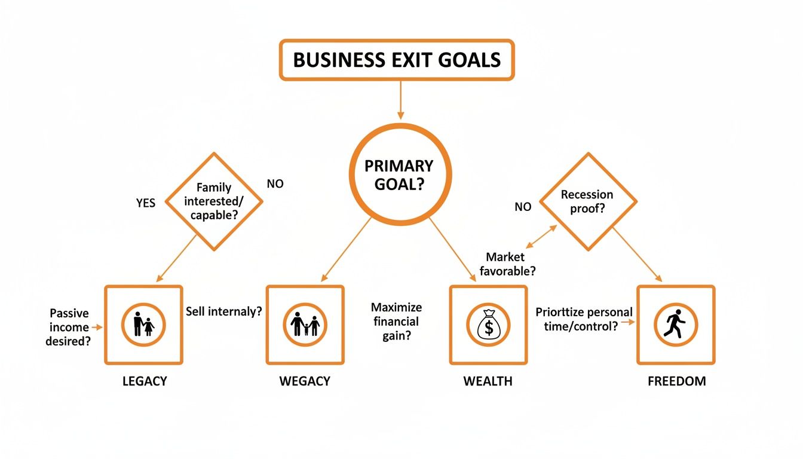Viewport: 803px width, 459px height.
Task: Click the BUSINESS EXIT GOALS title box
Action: (x=397, y=60)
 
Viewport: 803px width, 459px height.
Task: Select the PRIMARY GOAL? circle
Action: (x=400, y=174)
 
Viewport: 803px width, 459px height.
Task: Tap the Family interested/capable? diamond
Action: (x=213, y=201)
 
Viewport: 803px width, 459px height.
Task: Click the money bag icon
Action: (x=488, y=325)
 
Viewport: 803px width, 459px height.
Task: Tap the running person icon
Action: (x=675, y=325)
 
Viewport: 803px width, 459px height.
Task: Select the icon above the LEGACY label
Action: (x=143, y=325)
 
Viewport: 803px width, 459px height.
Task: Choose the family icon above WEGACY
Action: (x=305, y=325)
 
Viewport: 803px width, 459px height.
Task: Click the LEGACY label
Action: (x=143, y=381)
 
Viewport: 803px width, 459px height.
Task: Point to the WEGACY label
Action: (x=305, y=381)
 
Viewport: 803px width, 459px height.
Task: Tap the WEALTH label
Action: (x=488, y=381)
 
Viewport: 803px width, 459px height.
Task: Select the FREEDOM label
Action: (x=676, y=381)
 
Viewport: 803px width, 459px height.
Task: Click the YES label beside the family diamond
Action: (x=146, y=203)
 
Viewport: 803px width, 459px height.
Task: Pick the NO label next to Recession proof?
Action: (x=523, y=207)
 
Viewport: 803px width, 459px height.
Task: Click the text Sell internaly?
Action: (x=224, y=311)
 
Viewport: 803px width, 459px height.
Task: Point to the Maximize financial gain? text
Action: (x=396, y=322)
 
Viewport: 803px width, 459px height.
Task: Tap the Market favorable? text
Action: (x=507, y=264)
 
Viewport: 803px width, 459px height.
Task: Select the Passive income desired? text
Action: (x=69, y=327)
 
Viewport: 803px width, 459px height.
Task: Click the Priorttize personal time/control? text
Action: (x=584, y=319)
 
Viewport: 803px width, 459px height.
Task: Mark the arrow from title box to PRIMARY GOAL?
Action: (x=400, y=99)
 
